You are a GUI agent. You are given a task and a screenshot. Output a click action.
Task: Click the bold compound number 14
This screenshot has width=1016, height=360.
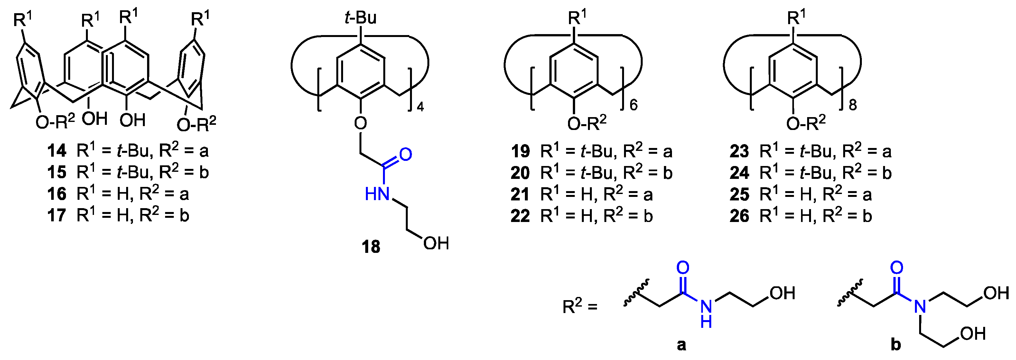pyautogui.click(x=57, y=151)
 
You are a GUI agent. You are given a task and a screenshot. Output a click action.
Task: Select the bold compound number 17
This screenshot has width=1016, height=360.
pyautogui.click(x=57, y=216)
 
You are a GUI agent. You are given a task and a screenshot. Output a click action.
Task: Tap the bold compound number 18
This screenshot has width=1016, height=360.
pyautogui.click(x=371, y=247)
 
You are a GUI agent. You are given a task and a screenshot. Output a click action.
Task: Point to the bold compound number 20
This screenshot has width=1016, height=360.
pyautogui.click(x=520, y=173)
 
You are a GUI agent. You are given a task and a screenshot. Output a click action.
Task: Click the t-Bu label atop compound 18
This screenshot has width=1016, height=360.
pyautogui.click(x=360, y=18)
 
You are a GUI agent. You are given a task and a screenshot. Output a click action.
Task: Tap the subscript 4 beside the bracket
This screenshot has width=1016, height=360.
pyautogui.click(x=420, y=107)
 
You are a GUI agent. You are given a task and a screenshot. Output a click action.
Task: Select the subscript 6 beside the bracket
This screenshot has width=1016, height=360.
pyautogui.click(x=633, y=105)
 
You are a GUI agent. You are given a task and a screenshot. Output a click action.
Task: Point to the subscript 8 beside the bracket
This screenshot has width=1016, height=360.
pyautogui.click(x=853, y=105)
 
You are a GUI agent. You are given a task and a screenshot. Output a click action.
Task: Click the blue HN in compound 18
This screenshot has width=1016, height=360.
pyautogui.click(x=377, y=194)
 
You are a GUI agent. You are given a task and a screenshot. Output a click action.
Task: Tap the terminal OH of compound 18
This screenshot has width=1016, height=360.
pyautogui.click(x=436, y=243)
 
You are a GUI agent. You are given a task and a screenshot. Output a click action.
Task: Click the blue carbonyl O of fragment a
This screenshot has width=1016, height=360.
pyautogui.click(x=683, y=268)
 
